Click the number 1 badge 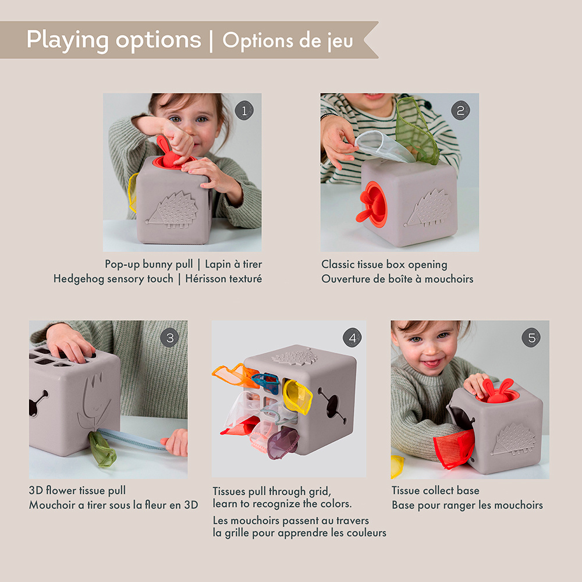(244, 111)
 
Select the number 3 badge (169, 338)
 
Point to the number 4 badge (352, 338)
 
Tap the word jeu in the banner (336, 41)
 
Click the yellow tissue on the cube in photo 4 (297, 396)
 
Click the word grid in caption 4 (317, 491)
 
